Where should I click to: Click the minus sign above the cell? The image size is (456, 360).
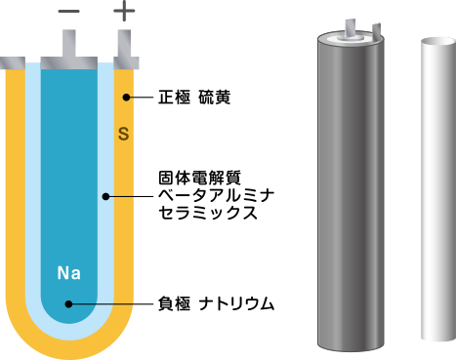[69, 12]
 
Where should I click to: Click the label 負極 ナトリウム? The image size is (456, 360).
[214, 304]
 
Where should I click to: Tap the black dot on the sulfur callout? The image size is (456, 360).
[125, 98]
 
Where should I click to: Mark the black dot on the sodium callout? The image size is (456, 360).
[68, 304]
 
